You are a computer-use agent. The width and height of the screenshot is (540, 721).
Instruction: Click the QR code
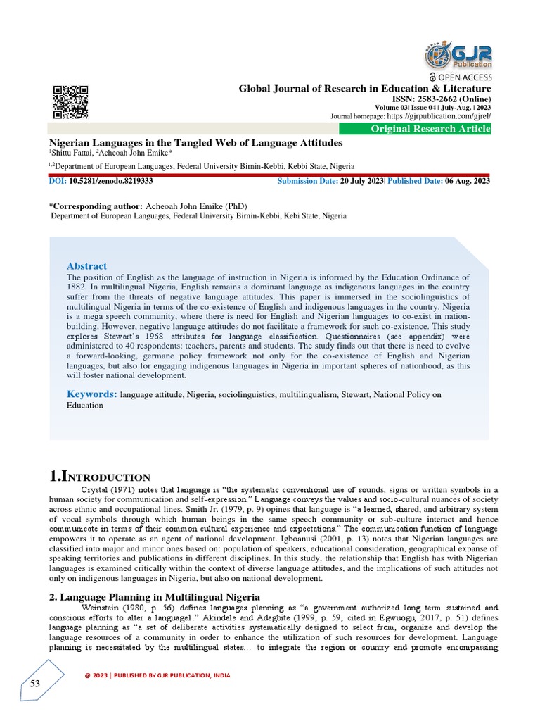pyautogui.click(x=71, y=102)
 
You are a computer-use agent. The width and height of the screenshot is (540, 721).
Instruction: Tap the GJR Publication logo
pyautogui.click(x=459, y=55)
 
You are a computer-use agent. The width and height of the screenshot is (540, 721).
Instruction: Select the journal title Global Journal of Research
pyautogui.click(x=365, y=88)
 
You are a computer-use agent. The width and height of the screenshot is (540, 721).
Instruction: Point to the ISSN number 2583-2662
pyautogui.click(x=442, y=99)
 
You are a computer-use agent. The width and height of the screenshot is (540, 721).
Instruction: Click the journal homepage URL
pyautogui.click(x=438, y=115)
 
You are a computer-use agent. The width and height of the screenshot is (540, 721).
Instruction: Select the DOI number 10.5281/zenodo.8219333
pyautogui.click(x=111, y=181)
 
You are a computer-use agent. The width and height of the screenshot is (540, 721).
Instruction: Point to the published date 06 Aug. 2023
pyautogui.click(x=467, y=181)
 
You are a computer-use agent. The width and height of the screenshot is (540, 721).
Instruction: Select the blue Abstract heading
pyautogui.click(x=86, y=266)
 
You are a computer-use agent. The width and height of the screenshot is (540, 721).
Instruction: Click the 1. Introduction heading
pyautogui.click(x=99, y=477)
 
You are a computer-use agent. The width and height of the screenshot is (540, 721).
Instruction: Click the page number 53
pyautogui.click(x=35, y=684)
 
